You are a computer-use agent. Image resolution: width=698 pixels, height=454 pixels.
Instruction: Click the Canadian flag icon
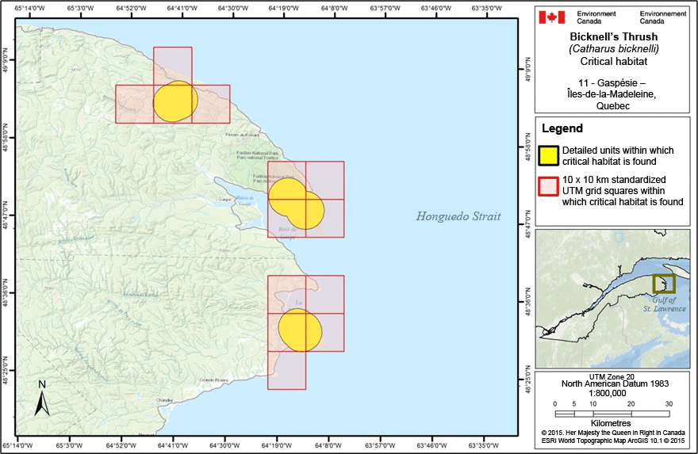click(x=551, y=17)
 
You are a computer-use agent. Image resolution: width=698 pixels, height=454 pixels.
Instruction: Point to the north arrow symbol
click(x=42, y=399)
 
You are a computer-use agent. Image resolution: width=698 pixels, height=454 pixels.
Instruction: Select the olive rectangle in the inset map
click(x=663, y=284)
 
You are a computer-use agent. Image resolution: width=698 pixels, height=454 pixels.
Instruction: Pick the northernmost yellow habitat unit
click(x=174, y=101)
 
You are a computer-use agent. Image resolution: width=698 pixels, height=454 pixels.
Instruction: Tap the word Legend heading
click(x=562, y=128)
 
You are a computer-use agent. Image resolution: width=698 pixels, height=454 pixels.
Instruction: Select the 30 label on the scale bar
click(x=668, y=403)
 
